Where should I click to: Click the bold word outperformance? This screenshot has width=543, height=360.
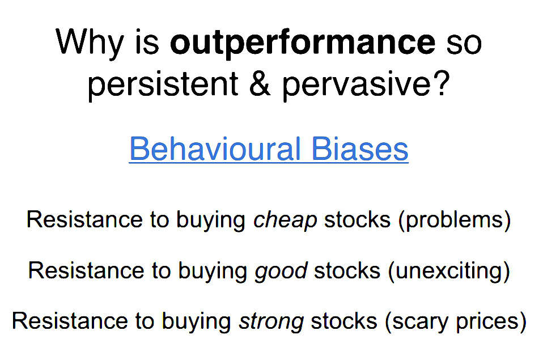[303, 44]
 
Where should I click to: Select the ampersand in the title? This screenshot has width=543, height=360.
[260, 84]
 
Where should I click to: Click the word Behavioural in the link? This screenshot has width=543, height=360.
[215, 149]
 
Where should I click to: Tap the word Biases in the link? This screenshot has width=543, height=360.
[360, 149]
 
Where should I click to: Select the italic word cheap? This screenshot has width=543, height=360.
[285, 221]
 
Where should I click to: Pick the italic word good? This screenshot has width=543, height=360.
[281, 272]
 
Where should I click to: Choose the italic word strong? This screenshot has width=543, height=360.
[271, 322]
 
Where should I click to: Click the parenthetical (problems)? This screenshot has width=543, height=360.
[455, 221]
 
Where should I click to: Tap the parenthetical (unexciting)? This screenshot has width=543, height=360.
[449, 271]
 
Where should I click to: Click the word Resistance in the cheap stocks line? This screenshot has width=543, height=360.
[84, 219]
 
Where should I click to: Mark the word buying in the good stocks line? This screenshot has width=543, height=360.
[213, 272]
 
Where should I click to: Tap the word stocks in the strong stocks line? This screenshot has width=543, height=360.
[344, 321]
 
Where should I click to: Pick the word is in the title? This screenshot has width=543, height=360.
[147, 43]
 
